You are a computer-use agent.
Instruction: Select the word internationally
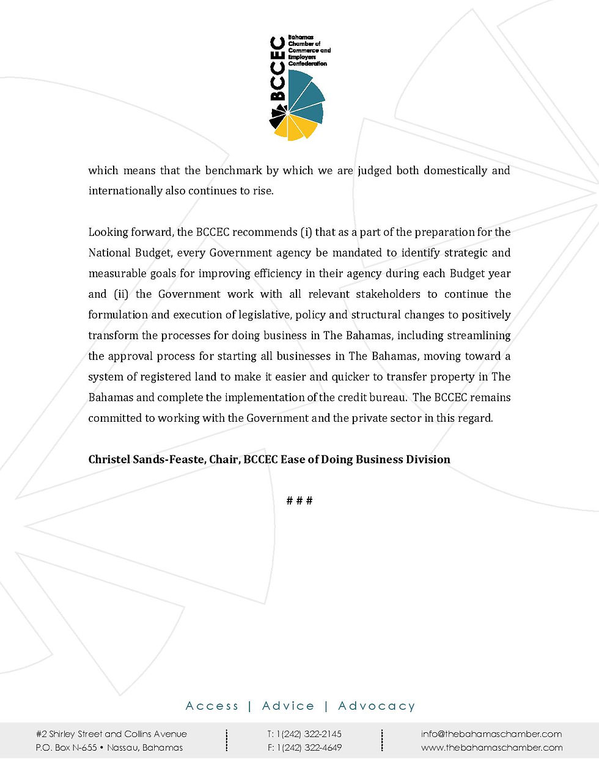pos(125,191)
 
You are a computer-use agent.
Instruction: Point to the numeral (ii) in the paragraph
pos(120,294)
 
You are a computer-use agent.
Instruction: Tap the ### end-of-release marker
pos(299,501)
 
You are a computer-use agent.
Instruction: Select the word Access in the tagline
pos(212,706)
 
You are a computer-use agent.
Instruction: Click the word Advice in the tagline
pos(288,706)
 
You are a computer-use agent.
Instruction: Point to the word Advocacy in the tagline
pos(377,706)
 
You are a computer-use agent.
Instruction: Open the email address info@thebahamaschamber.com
pos(491,734)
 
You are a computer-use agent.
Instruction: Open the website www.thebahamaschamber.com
pos(491,747)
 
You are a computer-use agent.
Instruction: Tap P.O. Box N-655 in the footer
pos(68,747)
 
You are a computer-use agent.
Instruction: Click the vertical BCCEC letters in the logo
pos(278,68)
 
